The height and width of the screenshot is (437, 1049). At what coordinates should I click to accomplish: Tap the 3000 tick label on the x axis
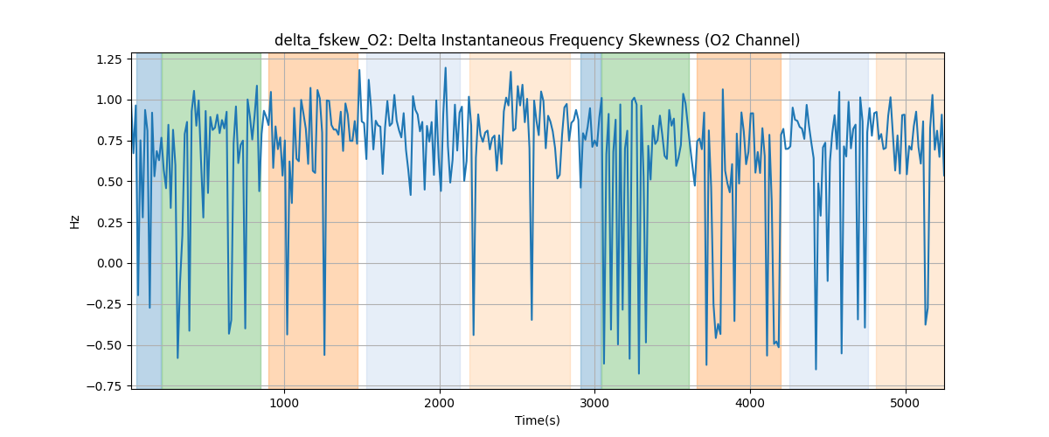(x=595, y=402)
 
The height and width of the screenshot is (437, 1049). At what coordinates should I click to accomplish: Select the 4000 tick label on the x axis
(x=750, y=402)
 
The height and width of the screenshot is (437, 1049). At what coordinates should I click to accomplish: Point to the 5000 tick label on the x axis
(x=906, y=402)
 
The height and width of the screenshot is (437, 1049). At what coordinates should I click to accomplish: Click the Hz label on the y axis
(x=75, y=221)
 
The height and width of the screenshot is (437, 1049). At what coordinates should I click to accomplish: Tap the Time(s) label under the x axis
(x=538, y=420)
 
